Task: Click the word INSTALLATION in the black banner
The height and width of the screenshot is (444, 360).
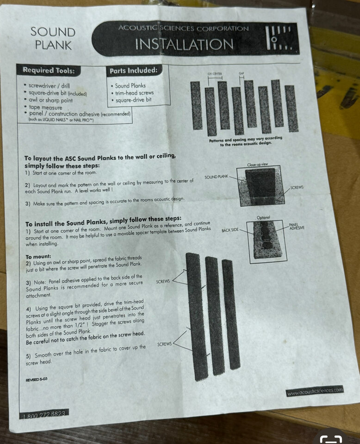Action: click(x=184, y=44)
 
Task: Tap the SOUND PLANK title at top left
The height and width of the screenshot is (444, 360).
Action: click(x=53, y=38)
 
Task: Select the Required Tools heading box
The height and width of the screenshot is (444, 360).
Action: click(x=49, y=70)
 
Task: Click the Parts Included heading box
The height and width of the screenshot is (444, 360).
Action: click(x=134, y=70)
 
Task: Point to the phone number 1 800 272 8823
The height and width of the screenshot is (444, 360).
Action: click(x=44, y=414)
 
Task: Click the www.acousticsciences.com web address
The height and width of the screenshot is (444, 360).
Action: click(x=315, y=391)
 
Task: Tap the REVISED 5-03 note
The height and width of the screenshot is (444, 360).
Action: click(x=37, y=380)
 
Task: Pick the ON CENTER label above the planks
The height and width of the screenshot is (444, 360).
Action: click(x=215, y=74)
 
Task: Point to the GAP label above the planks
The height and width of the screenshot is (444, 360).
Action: click(x=242, y=74)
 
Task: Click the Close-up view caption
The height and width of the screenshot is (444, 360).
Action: click(x=257, y=165)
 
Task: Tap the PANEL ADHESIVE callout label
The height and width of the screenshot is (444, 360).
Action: click(x=297, y=226)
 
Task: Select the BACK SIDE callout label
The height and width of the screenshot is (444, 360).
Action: click(x=230, y=230)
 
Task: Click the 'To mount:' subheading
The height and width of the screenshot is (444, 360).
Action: click(x=38, y=257)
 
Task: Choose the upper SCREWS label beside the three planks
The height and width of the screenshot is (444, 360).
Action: click(x=163, y=282)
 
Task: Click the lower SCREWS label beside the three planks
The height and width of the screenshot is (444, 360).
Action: click(x=165, y=344)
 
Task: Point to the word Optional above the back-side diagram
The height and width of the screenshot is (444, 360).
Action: click(x=263, y=217)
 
